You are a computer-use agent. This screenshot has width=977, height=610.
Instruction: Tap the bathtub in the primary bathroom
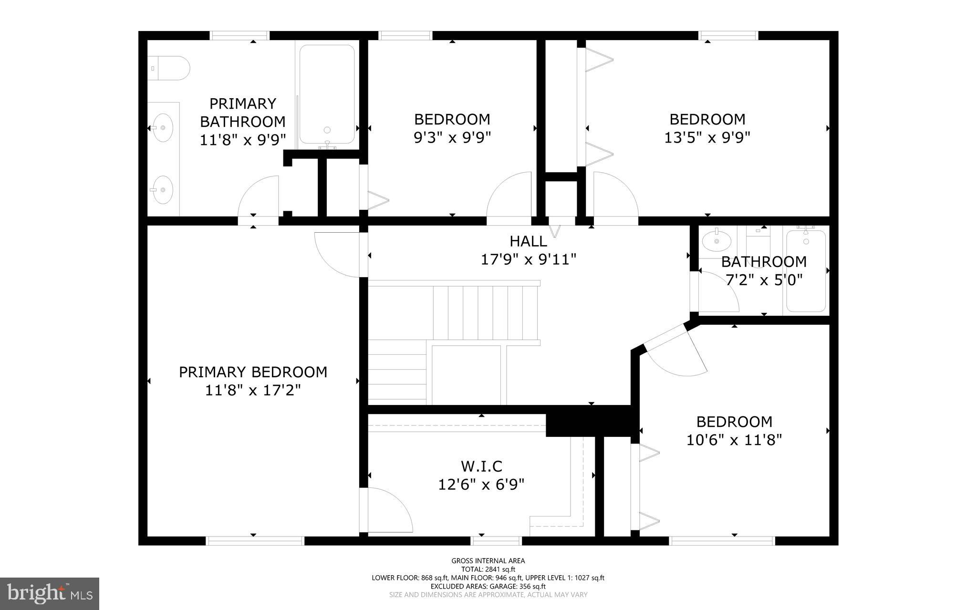tap(327, 94)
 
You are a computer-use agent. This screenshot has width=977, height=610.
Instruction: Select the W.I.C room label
tap(481, 466)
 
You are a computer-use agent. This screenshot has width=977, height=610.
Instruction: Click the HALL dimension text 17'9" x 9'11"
tap(529, 259)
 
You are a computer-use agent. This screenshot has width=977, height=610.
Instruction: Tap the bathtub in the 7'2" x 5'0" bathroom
tap(806, 271)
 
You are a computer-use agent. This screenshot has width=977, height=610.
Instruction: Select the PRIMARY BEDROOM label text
tap(253, 372)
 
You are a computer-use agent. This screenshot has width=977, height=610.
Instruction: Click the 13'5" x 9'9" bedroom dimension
tap(707, 137)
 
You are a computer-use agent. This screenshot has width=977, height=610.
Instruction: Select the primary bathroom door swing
tap(258, 196)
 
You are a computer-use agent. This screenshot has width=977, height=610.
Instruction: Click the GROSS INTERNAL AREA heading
tap(488, 561)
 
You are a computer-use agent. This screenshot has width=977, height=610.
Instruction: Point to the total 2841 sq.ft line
tap(488, 569)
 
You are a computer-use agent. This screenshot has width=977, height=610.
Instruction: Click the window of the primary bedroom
tap(255, 540)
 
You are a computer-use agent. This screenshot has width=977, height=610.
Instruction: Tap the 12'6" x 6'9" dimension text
tap(481, 485)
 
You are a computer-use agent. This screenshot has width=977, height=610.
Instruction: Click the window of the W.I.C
tap(496, 540)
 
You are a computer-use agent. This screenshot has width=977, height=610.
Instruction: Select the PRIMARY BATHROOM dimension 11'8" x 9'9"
tap(243, 140)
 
